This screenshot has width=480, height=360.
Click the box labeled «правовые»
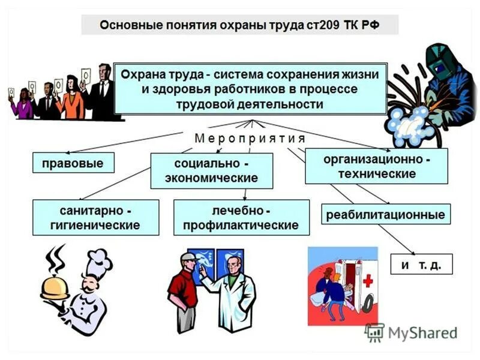73,163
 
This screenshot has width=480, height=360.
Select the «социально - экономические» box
211,170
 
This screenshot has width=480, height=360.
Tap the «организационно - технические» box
376,166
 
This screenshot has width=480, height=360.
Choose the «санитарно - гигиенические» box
95,217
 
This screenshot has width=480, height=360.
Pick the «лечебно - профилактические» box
241,217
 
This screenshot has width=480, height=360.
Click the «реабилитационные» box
386,214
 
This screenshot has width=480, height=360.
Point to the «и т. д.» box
421,264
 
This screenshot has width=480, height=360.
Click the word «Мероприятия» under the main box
250,137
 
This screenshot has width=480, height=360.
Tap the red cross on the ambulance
367,280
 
